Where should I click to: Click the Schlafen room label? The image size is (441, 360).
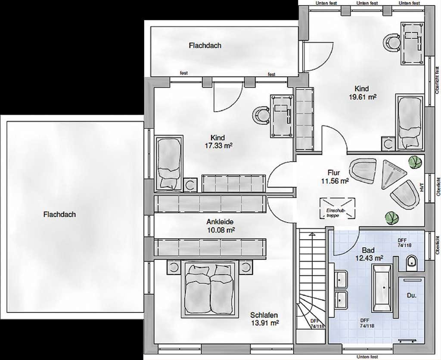pos(264,315)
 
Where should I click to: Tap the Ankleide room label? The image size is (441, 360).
pos(220,222)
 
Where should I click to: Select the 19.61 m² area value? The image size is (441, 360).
pos(363,97)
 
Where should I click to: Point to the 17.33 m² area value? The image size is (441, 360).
pos(218,146)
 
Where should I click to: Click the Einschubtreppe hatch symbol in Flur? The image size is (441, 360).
pos(337,208)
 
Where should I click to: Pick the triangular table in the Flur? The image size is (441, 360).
pos(393,174)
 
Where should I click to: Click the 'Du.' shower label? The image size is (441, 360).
pos(412,295)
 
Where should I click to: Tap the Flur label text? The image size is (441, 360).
pos(334,172)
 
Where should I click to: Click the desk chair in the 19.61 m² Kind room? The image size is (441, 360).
pos(392,43)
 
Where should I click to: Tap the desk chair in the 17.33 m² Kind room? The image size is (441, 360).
pos(261,115)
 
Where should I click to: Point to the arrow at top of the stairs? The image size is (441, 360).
pos(312,235)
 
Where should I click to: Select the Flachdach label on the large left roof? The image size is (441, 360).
pos(59,214)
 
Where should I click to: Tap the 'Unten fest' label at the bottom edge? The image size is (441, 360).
pos(367,357)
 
